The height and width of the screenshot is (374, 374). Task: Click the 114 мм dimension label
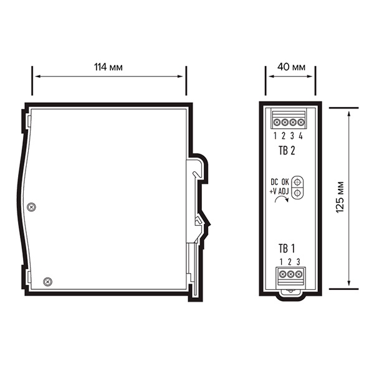(108, 67)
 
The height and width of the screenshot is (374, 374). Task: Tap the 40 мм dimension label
(291, 67)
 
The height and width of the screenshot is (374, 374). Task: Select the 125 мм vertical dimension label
(340, 198)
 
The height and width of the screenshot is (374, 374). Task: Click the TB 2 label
(287, 151)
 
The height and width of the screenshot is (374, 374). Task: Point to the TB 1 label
(287, 249)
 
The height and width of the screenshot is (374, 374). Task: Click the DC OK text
(280, 183)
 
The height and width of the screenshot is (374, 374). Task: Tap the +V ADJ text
(279, 191)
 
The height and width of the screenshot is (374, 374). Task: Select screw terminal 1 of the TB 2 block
(277, 122)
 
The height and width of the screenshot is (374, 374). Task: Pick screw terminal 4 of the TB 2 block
(301, 122)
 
